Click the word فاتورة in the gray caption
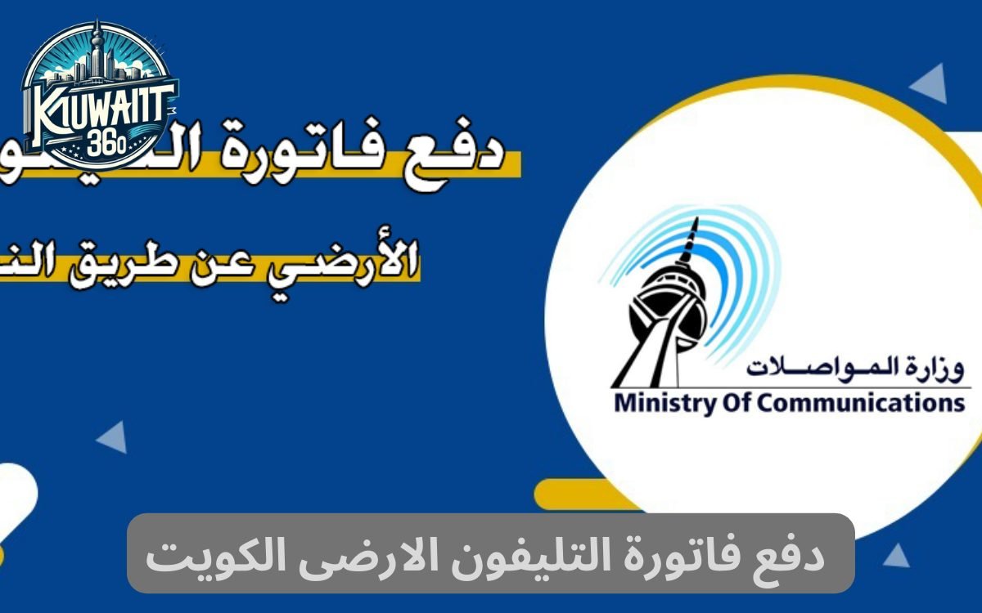tap(678, 555)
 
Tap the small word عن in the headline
tap(250, 262)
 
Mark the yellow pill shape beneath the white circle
tap(577, 494)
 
